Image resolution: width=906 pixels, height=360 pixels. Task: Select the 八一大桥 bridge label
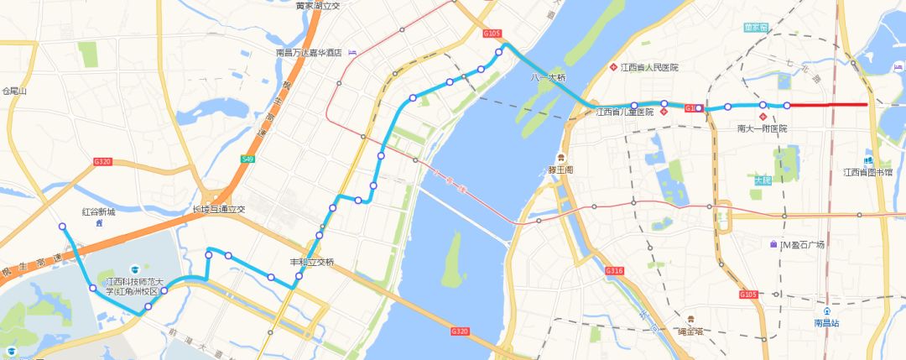coord(548,77)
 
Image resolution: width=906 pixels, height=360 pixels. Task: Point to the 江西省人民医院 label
coord(649,67)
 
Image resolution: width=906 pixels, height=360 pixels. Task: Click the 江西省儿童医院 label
coord(624,112)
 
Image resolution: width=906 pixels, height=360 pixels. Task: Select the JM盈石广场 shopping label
coord(803,244)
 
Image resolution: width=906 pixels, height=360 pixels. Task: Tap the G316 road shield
coord(614,270)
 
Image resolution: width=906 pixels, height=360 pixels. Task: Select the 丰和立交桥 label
coord(312,263)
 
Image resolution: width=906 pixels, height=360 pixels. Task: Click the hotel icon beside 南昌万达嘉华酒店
coord(351,52)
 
